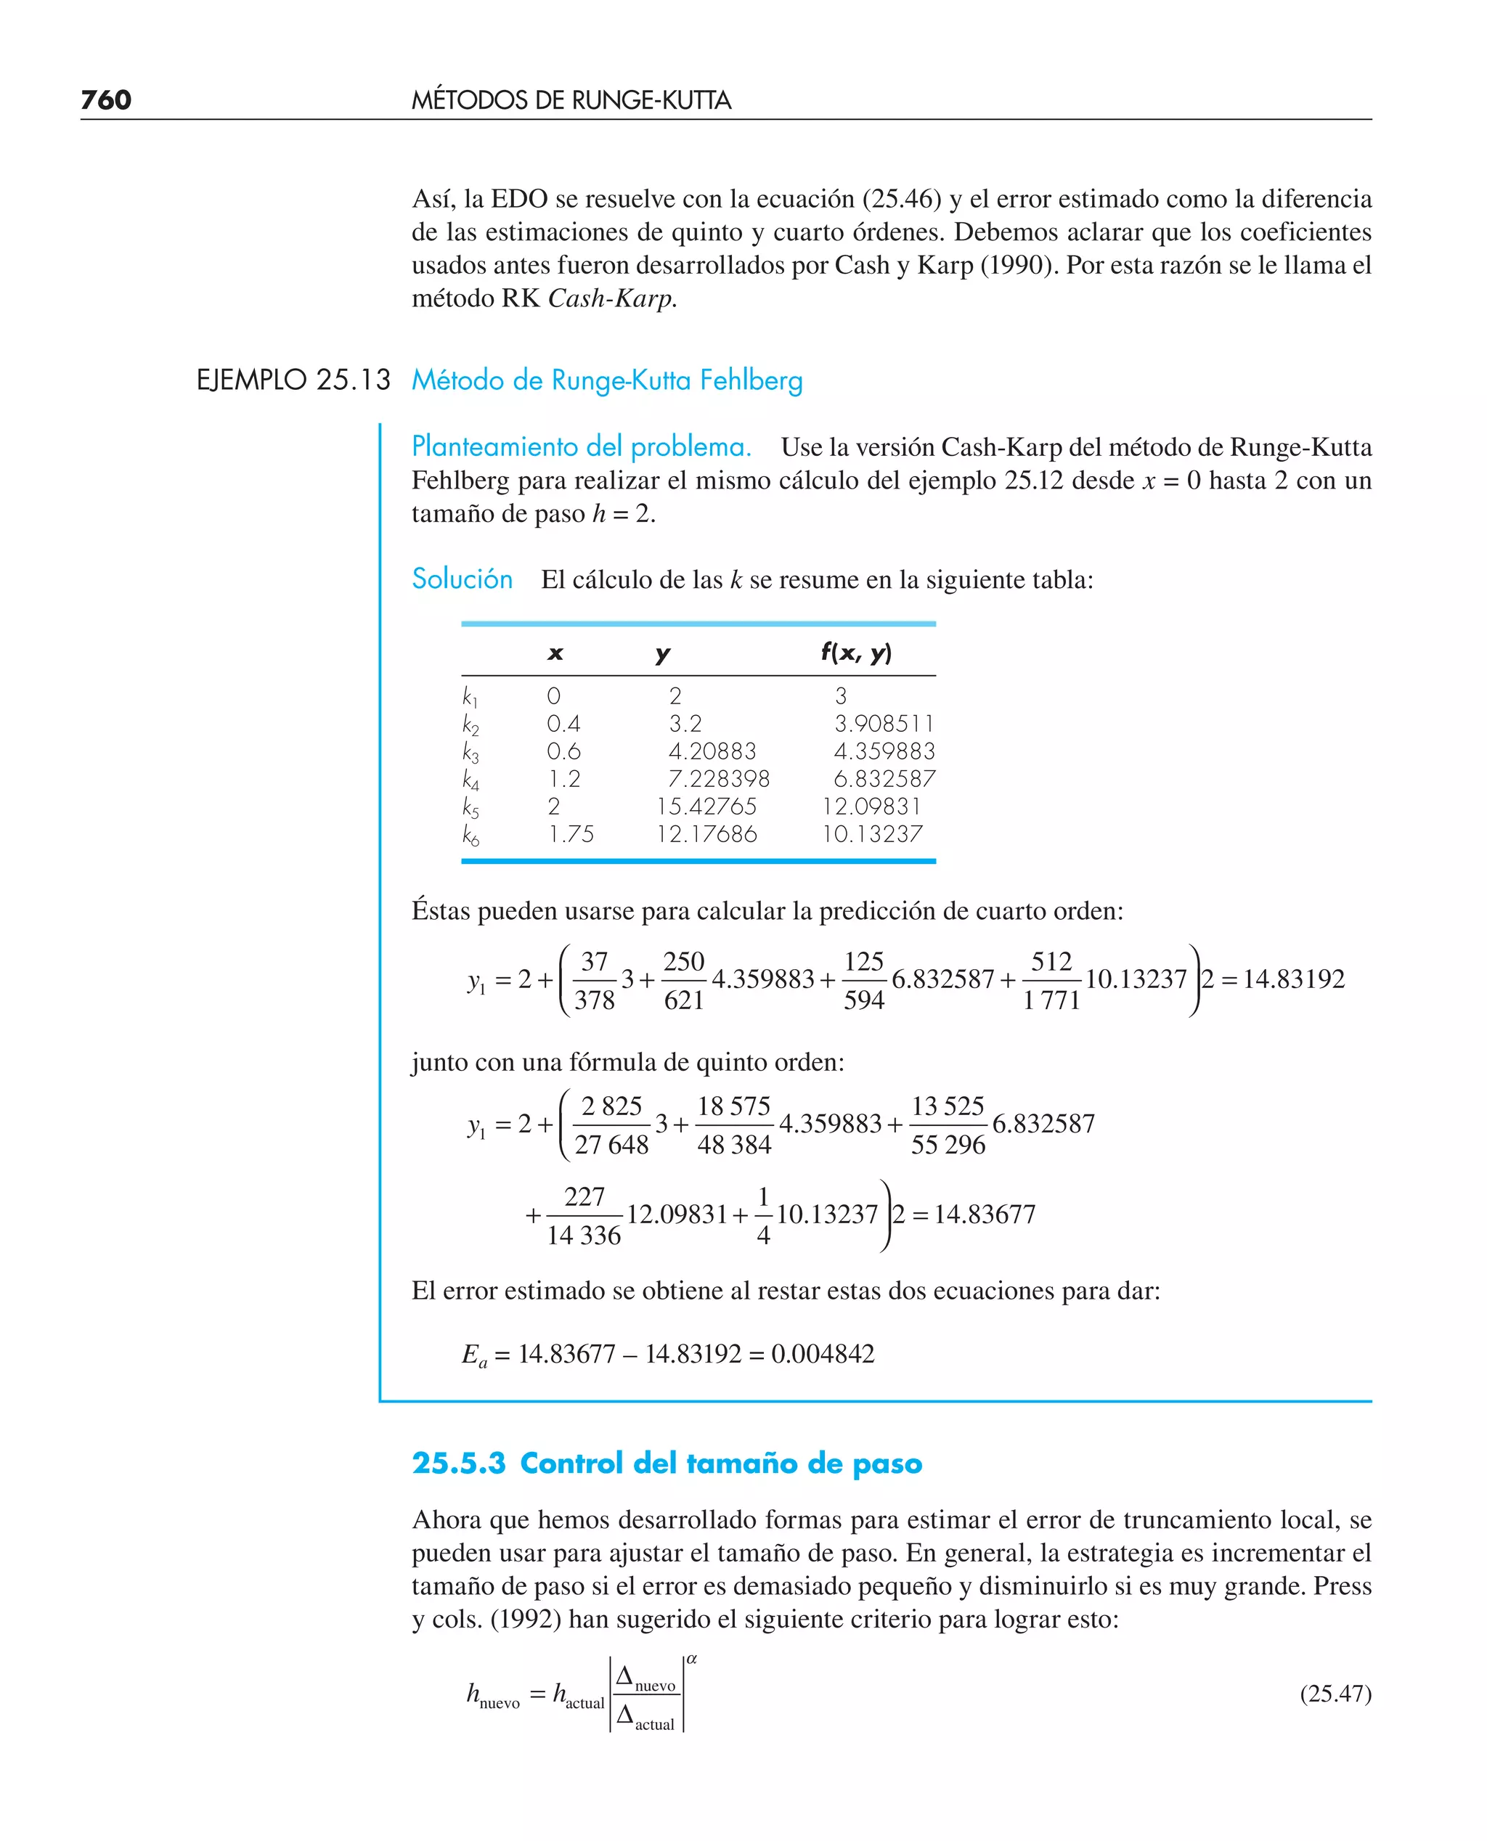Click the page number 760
105,100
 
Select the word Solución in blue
462,579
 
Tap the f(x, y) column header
856,653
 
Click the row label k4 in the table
470,780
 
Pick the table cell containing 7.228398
719,778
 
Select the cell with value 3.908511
884,724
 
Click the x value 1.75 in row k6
571,833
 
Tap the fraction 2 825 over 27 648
611,1124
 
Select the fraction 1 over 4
763,1215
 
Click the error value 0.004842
823,1354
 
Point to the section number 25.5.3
459,1464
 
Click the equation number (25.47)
1335,1694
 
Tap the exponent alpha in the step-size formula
692,1660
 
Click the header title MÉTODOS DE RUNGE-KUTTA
571,100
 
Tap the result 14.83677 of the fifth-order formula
985,1215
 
